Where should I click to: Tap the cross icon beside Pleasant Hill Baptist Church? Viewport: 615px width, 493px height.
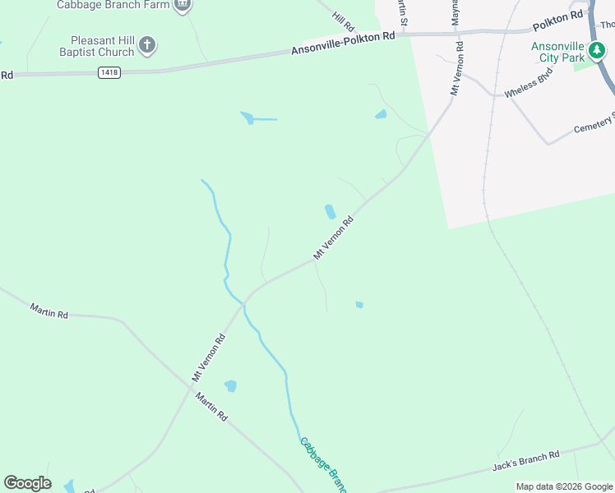tap(146, 44)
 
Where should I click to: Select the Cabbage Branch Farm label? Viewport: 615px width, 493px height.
tap(113, 5)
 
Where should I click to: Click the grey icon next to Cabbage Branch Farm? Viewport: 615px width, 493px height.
tap(183, 5)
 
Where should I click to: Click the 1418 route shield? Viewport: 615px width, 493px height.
tap(109, 73)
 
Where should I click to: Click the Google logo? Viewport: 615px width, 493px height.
tap(27, 483)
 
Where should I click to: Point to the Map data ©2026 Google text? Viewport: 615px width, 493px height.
tap(564, 486)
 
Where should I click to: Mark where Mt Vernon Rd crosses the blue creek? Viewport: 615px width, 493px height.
tap(243, 302)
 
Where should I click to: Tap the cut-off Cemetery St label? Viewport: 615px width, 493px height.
tap(594, 124)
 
